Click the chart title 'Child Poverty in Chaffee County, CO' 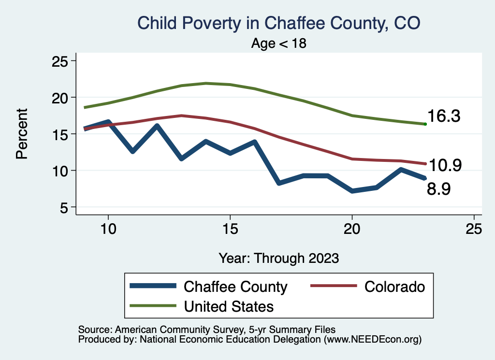tap(279, 23)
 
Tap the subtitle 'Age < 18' tap(279, 43)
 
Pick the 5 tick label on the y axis tap(65, 207)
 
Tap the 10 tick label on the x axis tap(108, 230)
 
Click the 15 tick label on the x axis tap(230, 230)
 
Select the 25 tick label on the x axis tap(474, 230)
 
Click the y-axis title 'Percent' tap(21, 134)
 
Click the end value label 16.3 tap(443, 116)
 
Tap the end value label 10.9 tap(445, 165)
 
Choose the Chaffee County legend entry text tap(235, 287)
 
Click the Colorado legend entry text tap(394, 287)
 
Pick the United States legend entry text tap(229, 306)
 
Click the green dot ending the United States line tap(425, 124)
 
